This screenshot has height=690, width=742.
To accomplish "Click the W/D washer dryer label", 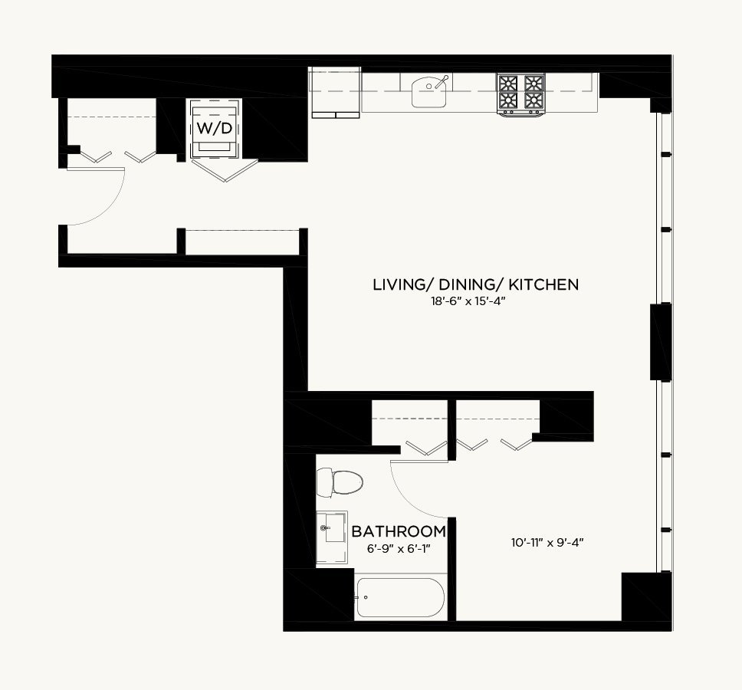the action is pyautogui.click(x=215, y=128).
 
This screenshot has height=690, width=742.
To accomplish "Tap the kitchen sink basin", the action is pyautogui.click(x=429, y=93).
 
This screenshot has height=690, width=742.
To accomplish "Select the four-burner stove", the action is pyautogui.click(x=521, y=94).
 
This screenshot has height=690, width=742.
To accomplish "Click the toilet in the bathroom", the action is pyautogui.click(x=340, y=482).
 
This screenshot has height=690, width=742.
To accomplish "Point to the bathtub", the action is pyautogui.click(x=400, y=597).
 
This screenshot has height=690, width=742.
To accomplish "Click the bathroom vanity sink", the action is pyautogui.click(x=332, y=527).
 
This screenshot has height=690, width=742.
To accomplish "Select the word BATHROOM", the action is pyautogui.click(x=399, y=531).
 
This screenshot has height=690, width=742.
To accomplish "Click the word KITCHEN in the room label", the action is pyautogui.click(x=543, y=284).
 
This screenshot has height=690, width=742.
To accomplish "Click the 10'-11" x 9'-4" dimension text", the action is pyautogui.click(x=547, y=543).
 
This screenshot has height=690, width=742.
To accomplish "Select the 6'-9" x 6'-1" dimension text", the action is pyautogui.click(x=399, y=549).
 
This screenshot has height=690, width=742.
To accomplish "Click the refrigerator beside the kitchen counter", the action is pyautogui.click(x=335, y=92).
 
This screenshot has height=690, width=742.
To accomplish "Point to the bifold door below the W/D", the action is pyautogui.click(x=225, y=170).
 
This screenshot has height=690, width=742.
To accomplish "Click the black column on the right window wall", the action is pyautogui.click(x=661, y=342).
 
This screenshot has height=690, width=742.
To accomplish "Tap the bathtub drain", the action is pyautogui.click(x=366, y=597).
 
